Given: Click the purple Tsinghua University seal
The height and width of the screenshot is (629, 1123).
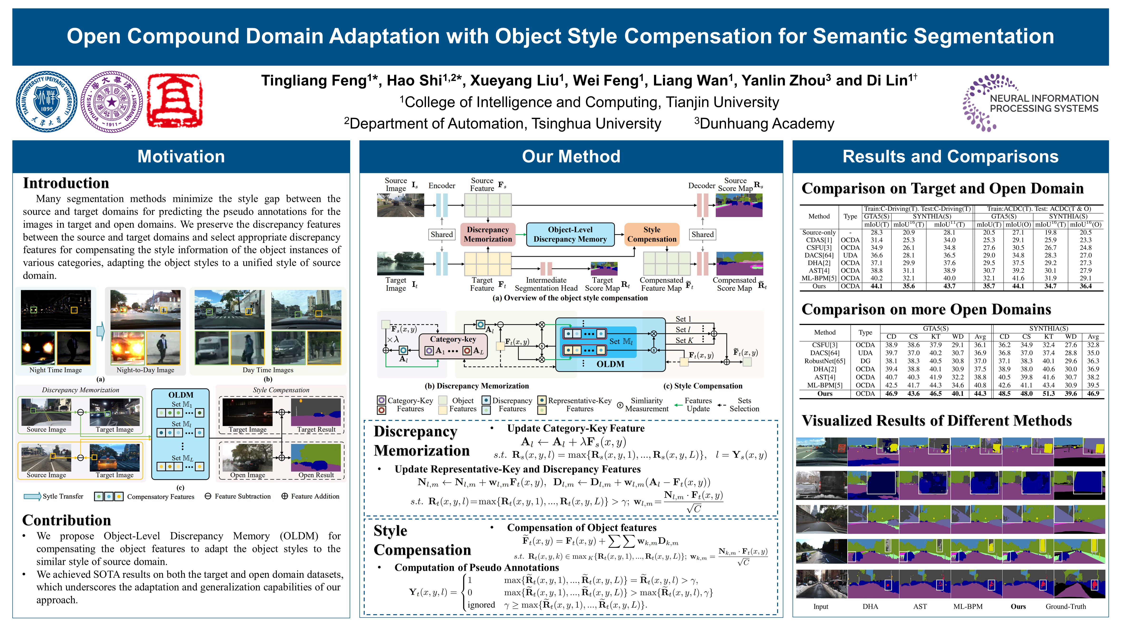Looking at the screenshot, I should tap(111, 102).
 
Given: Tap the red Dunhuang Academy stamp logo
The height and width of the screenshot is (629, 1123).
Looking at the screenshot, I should tap(175, 101).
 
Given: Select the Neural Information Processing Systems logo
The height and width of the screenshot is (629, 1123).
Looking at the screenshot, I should tap(1031, 103).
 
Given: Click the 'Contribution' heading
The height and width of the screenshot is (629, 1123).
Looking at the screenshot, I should tap(67, 520).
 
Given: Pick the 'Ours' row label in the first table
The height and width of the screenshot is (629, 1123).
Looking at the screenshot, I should tap(819, 286).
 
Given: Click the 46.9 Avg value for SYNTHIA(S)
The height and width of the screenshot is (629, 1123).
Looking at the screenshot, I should tap(1093, 394).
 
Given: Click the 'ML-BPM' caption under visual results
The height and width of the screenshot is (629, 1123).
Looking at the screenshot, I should tap(968, 606).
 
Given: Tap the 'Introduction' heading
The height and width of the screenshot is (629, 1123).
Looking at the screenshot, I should tap(66, 183).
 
